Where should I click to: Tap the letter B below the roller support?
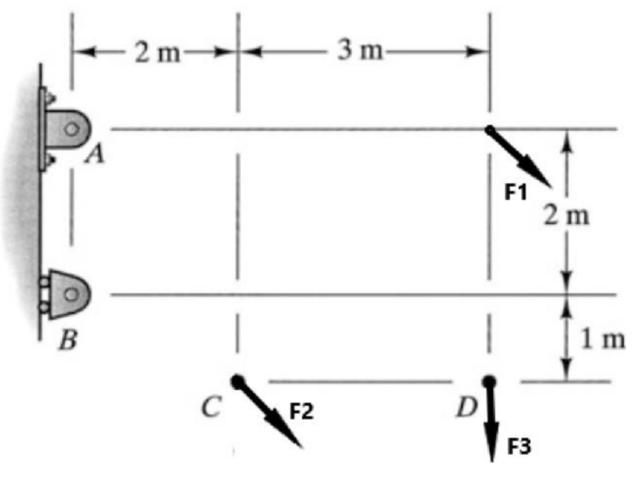pyautogui.click(x=68, y=341)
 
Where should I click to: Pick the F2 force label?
pyautogui.click(x=302, y=412)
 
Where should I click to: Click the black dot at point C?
pyautogui.click(x=238, y=381)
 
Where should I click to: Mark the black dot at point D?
pyautogui.click(x=489, y=381)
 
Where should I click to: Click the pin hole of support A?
pyautogui.click(x=71, y=129)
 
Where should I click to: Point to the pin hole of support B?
pyautogui.click(x=71, y=291)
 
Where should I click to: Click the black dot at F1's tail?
pyautogui.click(x=489, y=129)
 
